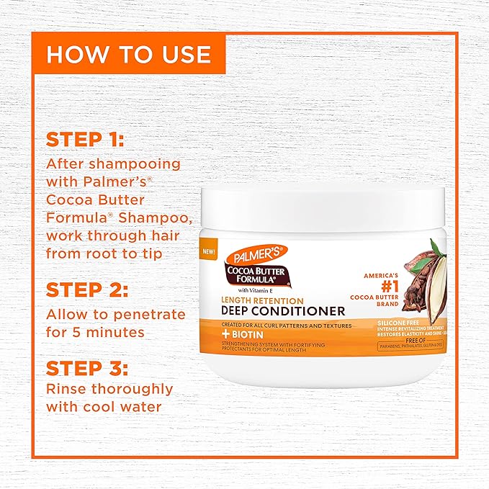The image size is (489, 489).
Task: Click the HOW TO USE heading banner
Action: coord(127,55)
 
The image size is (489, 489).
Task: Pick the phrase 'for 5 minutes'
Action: coord(97,333)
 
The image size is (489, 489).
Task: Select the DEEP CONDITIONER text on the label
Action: coord(284,311)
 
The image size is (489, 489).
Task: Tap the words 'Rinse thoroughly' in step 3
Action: coord(109,390)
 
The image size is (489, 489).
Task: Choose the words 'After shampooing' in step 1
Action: coord(112,164)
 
